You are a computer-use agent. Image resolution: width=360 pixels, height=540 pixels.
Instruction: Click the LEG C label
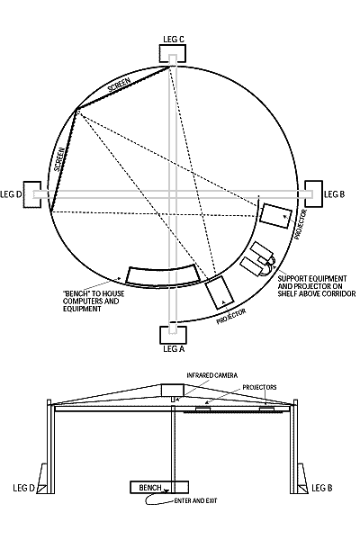174,40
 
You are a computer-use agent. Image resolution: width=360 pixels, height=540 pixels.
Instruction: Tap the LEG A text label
174,348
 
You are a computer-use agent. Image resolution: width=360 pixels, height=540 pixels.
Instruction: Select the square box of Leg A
174,335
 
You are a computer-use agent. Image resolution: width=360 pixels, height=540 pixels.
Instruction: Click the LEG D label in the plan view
11,194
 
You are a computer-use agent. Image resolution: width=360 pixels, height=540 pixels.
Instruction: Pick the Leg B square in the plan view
314,193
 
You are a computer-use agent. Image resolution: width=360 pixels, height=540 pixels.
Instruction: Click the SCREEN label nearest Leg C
119,85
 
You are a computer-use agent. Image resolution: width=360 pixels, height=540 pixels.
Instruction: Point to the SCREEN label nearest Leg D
59,159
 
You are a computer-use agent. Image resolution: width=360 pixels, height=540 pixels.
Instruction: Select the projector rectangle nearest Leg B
275,216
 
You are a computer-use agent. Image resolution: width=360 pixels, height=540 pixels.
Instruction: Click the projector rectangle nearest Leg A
219,292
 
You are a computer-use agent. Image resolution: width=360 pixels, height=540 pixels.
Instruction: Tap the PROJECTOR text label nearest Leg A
231,316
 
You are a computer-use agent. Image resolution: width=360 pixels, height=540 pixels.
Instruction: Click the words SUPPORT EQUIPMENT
312,278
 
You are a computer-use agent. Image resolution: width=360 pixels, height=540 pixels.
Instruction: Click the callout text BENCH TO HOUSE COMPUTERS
94,298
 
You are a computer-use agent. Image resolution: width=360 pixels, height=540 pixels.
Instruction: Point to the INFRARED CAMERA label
212,375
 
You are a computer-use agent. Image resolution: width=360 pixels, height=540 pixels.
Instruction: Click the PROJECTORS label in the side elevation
259,387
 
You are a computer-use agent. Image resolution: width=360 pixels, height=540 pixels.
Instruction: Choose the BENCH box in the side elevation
159,487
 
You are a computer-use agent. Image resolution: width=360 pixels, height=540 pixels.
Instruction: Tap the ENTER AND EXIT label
196,500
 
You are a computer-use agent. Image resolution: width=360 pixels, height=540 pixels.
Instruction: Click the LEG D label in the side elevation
24,488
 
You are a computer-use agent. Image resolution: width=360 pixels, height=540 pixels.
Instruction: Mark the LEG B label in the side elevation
322,488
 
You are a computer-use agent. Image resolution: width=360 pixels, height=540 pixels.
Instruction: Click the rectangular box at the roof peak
173,391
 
